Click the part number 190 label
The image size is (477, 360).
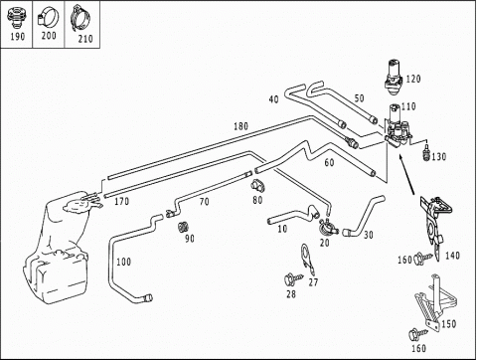coord(17,36)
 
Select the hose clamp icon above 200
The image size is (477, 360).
coord(48,17)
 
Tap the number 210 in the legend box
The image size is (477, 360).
coord(85,39)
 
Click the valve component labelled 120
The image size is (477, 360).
coord(394,78)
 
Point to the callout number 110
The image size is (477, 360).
coord(408,106)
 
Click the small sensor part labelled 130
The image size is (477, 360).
coord(427,152)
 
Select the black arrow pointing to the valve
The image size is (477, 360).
coord(406,175)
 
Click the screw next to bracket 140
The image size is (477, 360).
coord(423,258)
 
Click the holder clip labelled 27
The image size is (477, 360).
coord(307,260)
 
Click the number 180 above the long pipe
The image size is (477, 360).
coord(240,126)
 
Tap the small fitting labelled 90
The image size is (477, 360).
coord(182,227)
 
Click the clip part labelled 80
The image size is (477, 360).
coord(257,186)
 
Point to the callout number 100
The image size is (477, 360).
coord(123,262)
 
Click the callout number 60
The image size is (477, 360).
coord(329,163)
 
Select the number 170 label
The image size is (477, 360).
coord(121,201)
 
